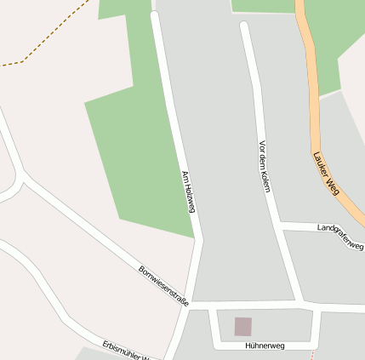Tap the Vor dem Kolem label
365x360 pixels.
point(263,166)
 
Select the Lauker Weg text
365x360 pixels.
point(327,174)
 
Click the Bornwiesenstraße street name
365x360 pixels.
point(164,286)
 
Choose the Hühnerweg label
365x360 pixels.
point(265,346)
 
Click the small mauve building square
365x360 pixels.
point(243,326)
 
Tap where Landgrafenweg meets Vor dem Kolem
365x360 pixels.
point(282,226)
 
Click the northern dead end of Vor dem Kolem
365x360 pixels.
point(245,26)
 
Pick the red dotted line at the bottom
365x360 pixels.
point(312,354)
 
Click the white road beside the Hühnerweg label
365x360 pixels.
point(265,338)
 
